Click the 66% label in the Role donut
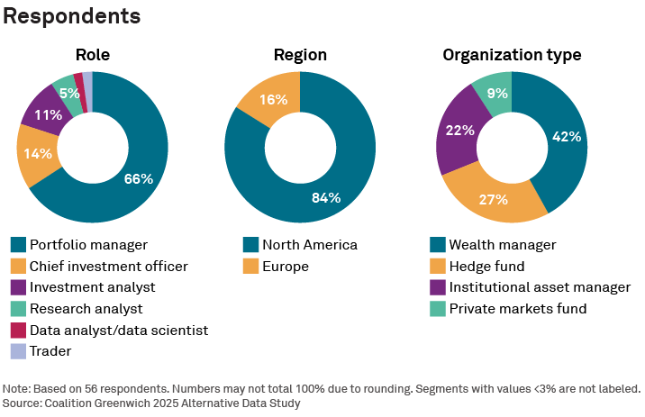139,179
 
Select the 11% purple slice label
48,114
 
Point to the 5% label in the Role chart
69,92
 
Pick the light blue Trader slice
87,80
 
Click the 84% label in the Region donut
325,197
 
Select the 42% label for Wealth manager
567,137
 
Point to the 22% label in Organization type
460,131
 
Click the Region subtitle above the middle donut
300,55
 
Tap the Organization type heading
512,55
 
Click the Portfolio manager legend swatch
18,244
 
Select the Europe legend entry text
286,266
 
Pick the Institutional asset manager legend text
540,287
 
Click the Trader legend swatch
18,351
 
